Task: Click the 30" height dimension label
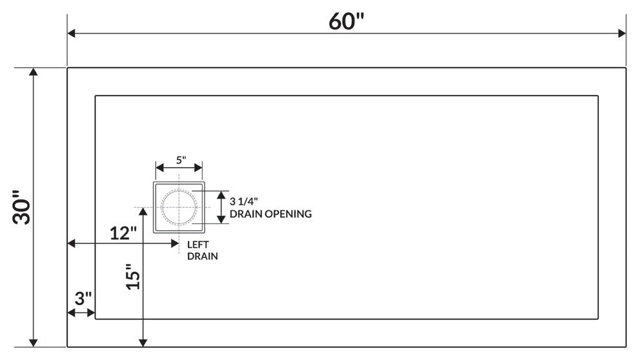(24, 207)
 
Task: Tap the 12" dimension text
(122, 233)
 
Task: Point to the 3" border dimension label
(83, 299)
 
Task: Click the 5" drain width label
(179, 159)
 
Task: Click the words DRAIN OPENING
(270, 214)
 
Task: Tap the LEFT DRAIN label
(201, 250)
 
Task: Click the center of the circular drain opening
(179, 207)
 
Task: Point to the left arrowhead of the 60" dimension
(72, 34)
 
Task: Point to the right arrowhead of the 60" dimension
(622, 34)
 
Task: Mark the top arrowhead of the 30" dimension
(34, 72)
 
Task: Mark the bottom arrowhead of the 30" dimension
(34, 343)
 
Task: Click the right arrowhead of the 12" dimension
(175, 243)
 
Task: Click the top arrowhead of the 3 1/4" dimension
(221, 195)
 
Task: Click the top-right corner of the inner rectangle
(598, 96)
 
